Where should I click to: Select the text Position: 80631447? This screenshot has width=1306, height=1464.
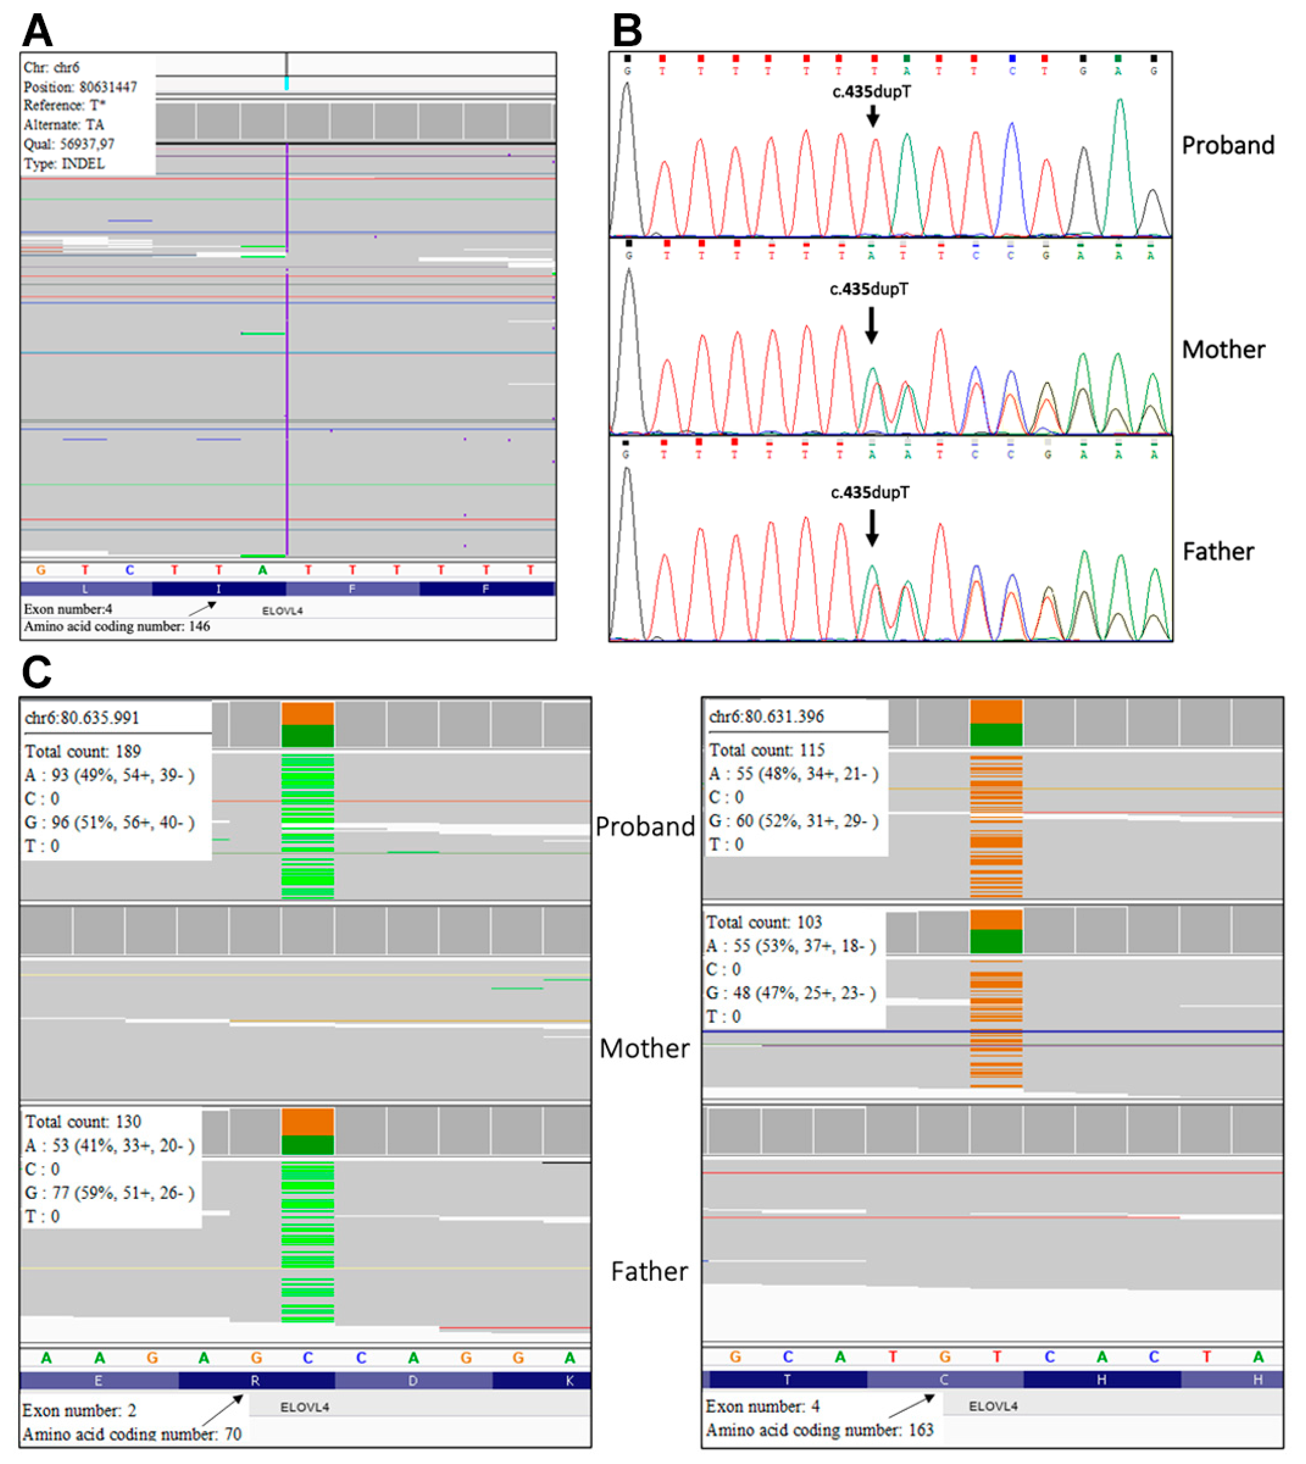click(x=80, y=87)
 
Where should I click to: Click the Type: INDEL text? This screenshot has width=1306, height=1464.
click(x=64, y=163)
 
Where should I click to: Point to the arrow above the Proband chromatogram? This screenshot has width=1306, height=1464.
click(x=873, y=115)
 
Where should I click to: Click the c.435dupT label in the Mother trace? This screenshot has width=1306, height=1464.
click(x=869, y=289)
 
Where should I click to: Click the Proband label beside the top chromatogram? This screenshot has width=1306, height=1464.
click(x=1228, y=146)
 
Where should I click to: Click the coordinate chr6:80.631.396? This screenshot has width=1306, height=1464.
click(x=767, y=716)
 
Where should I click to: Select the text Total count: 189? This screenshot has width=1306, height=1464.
click(x=83, y=751)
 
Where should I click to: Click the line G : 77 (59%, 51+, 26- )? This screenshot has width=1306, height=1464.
click(x=109, y=1193)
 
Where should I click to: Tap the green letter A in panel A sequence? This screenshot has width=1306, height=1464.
click(x=263, y=570)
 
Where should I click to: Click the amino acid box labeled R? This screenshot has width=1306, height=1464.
click(x=256, y=1381)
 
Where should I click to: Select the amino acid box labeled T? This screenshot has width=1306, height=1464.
click(x=787, y=1379)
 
